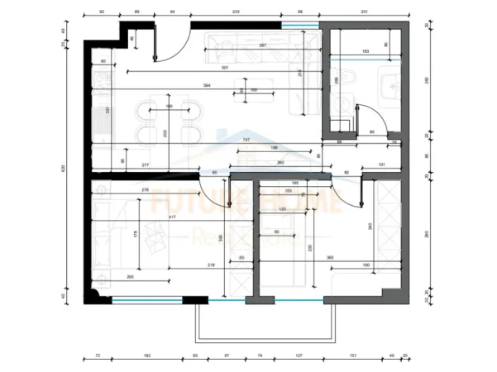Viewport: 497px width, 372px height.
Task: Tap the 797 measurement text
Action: tap(246, 140)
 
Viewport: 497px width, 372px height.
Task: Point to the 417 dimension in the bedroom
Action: tap(171, 217)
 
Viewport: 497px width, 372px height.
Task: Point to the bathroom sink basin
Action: tap(389, 83)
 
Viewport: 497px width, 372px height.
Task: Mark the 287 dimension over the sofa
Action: tap(261, 45)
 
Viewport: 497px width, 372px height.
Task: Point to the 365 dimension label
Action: tap(330, 258)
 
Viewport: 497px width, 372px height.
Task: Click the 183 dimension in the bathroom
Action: tap(366, 51)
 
